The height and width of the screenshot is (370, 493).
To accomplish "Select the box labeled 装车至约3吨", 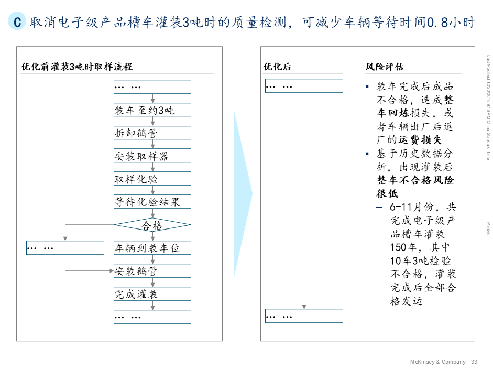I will (152, 110).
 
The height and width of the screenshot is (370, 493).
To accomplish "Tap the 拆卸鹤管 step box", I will (152, 133).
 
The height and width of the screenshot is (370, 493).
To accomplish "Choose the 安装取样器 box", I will (152, 156).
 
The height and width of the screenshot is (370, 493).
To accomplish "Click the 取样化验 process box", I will (152, 179).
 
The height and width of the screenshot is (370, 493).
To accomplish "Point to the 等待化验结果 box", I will (152, 202).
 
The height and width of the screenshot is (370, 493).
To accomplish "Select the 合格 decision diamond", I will (152, 225).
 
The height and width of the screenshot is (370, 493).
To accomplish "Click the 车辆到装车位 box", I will (152, 248).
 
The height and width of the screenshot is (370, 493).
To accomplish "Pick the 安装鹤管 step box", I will (152, 271).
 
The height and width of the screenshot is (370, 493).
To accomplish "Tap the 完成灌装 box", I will (152, 294).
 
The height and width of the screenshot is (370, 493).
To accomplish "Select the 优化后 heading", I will (277, 67).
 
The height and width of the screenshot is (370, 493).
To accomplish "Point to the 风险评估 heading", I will (385, 67).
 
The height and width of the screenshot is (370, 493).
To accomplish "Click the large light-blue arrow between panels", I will (243, 194).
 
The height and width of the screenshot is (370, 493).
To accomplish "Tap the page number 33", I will (474, 362).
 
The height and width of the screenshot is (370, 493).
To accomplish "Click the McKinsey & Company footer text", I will (437, 362).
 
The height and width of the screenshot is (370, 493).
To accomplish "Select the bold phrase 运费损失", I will (421, 140).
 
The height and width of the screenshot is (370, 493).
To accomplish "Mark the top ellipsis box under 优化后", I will (304, 86).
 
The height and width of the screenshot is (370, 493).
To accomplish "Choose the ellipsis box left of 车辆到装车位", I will (65, 248).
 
